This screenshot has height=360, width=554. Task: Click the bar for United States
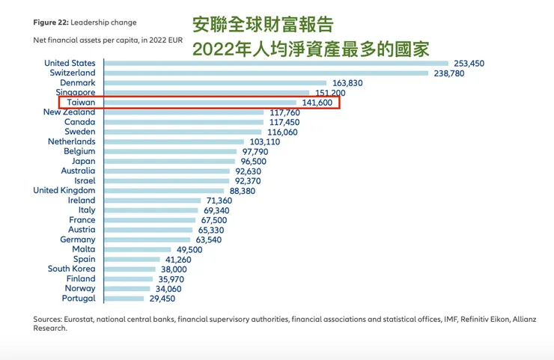point(276,64)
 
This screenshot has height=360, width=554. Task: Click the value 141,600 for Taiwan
point(317,103)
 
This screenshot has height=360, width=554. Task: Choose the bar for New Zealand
point(184,112)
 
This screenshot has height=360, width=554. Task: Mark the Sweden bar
point(183,132)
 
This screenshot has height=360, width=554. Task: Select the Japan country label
point(83,161)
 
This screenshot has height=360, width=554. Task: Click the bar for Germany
point(150,240)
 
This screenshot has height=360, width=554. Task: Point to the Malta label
point(84,249)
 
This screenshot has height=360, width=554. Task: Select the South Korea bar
point(129,269)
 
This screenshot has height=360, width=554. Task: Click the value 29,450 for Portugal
point(162,298)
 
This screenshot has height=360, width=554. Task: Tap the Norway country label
point(79,288)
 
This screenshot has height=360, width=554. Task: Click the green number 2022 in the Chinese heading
point(213,49)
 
